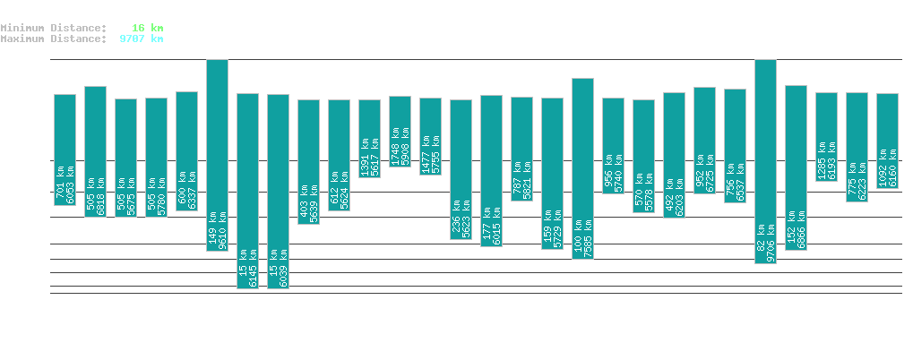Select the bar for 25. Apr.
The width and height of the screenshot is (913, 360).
click(x=765, y=161)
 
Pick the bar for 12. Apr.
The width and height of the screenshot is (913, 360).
click(x=369, y=138)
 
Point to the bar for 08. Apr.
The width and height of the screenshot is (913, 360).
click(x=247, y=191)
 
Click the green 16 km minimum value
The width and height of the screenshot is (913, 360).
click(x=147, y=28)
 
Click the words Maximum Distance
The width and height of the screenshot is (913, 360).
click(x=53, y=39)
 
